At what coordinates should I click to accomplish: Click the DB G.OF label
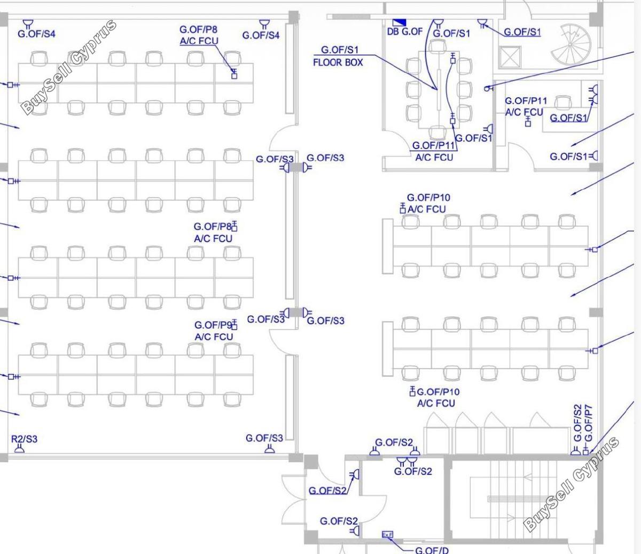click(x=404, y=32)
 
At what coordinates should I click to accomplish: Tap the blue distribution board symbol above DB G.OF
click(x=399, y=22)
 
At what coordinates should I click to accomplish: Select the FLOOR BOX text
click(x=338, y=63)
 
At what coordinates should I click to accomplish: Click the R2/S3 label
click(x=24, y=439)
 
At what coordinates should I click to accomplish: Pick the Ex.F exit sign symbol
click(x=387, y=534)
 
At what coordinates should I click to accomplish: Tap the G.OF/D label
click(x=432, y=550)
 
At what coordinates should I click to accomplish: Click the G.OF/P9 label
click(x=213, y=325)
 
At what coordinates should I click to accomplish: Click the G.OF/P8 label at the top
click(x=199, y=29)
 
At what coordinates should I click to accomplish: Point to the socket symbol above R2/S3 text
click(x=19, y=449)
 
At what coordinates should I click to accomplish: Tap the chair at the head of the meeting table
click(x=438, y=45)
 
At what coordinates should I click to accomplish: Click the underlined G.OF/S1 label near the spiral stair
click(x=522, y=32)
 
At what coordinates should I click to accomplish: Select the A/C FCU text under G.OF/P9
click(x=214, y=337)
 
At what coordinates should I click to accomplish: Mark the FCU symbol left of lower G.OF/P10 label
click(x=412, y=391)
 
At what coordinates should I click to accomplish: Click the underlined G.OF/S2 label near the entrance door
click(x=327, y=490)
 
